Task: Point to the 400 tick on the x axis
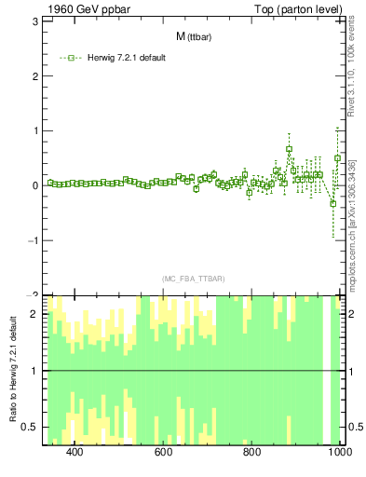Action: [x=75, y=452]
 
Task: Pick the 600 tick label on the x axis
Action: [x=164, y=452]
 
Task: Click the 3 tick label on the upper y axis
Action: [x=34, y=20]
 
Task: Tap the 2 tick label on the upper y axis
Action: [x=34, y=75]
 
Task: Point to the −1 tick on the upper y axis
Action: [x=31, y=240]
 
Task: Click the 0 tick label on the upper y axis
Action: [x=34, y=185]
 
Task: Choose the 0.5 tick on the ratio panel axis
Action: [x=30, y=427]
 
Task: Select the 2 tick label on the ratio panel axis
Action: [x=34, y=314]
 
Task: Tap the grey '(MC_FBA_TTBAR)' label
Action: [x=193, y=279]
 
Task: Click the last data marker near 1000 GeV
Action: [x=338, y=158]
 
